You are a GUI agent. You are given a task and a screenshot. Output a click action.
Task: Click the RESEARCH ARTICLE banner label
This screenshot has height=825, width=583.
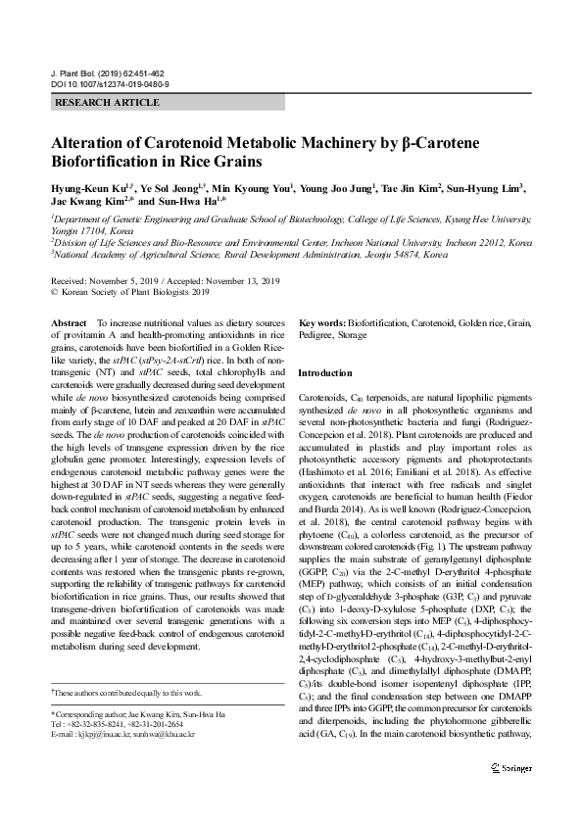pyautogui.click(x=107, y=103)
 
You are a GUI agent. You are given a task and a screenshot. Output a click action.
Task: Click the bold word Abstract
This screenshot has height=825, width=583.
pyautogui.click(x=68, y=322)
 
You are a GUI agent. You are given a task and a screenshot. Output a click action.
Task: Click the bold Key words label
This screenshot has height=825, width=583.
pyautogui.click(x=322, y=322)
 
